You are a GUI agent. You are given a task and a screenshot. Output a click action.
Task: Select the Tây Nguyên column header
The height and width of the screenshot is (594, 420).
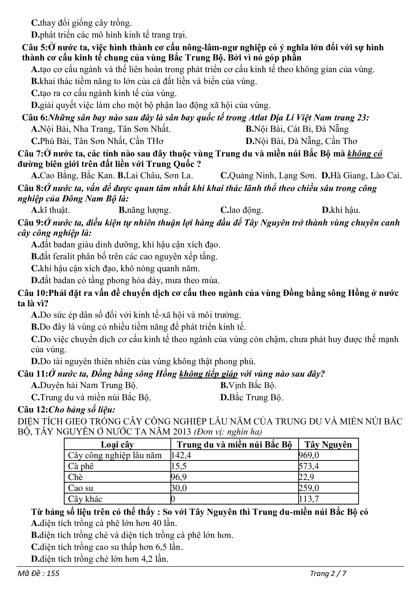point(328,444)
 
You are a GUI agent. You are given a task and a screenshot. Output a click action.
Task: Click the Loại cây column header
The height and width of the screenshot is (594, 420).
point(117,444)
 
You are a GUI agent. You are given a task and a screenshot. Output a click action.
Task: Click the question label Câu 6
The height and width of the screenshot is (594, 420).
point(35,118)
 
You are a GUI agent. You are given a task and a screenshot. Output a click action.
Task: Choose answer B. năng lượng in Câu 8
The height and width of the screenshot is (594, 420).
point(145,210)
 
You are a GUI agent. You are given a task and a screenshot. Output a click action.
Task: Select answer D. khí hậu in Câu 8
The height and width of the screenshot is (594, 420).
point(341,210)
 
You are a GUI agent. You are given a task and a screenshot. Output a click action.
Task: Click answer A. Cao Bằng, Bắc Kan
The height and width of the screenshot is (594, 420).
point(73,176)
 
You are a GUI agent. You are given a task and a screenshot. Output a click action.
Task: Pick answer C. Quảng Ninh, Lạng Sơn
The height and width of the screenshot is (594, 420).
point(268,176)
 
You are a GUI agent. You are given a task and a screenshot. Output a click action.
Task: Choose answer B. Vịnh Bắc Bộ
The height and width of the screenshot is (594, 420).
point(248,386)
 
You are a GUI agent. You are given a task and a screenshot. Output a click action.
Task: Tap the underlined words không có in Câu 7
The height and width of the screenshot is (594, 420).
point(365,154)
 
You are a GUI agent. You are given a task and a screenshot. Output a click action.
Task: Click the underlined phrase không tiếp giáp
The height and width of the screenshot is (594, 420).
point(208,374)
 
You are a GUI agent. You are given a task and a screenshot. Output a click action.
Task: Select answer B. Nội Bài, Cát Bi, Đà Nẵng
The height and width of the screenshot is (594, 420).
point(297,129)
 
